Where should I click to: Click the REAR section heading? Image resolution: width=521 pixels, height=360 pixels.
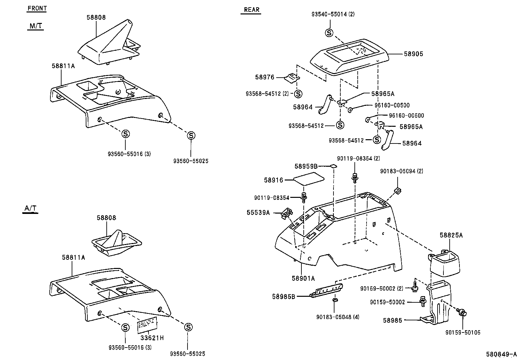[252, 10]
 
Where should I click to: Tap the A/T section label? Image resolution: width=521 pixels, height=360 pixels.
[30, 208]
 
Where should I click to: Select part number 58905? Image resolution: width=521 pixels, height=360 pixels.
[413, 54]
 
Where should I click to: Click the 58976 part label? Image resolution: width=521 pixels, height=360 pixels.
[265, 77]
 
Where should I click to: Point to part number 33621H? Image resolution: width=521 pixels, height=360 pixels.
[152, 338]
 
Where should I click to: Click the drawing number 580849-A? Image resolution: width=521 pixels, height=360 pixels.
[501, 354]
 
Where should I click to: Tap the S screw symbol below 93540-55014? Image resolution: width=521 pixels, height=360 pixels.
[329, 33]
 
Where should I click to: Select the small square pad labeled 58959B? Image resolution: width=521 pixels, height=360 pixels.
[333, 166]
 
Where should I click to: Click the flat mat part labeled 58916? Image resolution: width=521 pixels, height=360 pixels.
[309, 180]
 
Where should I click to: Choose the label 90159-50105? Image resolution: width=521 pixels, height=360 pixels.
[463, 332]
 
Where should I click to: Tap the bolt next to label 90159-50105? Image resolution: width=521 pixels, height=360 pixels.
[462, 313]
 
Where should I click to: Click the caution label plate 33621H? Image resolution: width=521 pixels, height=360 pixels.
[148, 324]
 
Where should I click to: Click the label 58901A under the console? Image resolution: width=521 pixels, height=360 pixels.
[303, 278]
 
